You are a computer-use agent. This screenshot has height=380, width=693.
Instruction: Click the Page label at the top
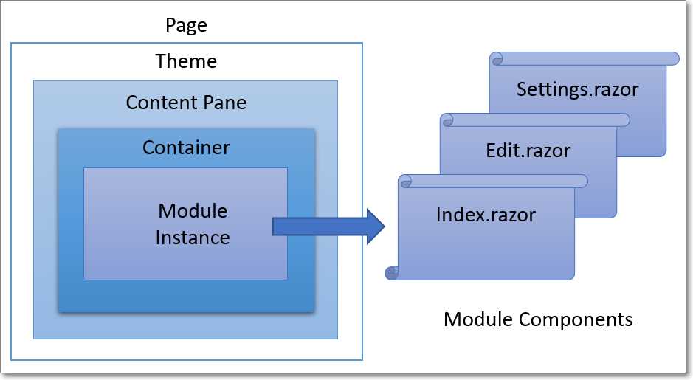tap(186, 26)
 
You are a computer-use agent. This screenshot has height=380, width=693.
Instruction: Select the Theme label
tap(186, 61)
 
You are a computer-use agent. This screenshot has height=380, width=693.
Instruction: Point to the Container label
tap(186, 148)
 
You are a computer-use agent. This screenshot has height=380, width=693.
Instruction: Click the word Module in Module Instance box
tap(193, 211)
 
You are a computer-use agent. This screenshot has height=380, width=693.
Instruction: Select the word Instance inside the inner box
tap(193, 238)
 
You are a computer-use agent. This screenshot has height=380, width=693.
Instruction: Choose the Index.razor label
tap(486, 215)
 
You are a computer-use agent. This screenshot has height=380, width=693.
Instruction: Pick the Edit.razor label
tap(528, 151)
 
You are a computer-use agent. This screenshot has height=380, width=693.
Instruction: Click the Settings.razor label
tap(577, 90)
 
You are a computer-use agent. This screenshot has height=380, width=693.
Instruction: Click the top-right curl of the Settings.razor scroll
tap(673, 58)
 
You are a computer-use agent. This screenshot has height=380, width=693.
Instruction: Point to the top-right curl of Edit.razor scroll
tap(624, 120)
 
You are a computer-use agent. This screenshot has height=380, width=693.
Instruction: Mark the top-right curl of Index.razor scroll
tap(582, 181)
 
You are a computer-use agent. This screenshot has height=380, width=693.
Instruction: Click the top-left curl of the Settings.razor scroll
tap(496, 58)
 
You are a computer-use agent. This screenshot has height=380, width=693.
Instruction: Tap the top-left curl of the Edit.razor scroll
tap(447, 120)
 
